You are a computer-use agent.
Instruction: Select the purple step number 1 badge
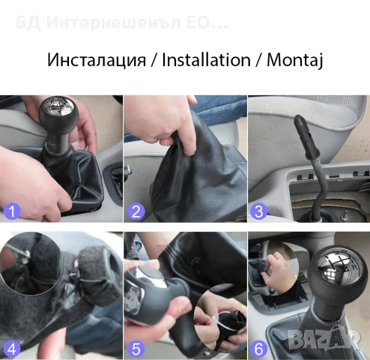(11, 211)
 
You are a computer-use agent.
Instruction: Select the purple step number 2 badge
(136, 211)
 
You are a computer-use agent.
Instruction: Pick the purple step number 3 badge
(259, 211)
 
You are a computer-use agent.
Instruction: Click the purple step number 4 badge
(11, 348)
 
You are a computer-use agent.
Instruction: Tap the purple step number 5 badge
(136, 348)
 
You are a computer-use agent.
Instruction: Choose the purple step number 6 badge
(259, 348)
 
